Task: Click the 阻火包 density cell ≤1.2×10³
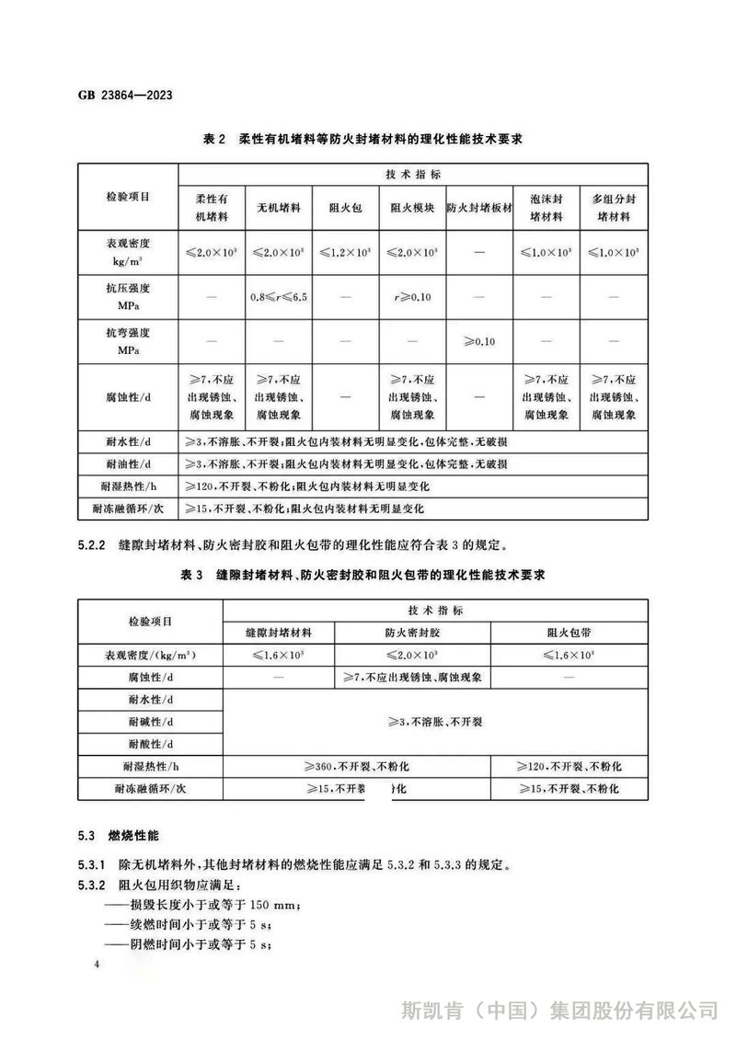(345, 251)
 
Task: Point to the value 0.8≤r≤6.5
(278, 298)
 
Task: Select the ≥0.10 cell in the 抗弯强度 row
(478, 341)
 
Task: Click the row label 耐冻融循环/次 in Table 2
(128, 507)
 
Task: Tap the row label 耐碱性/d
(151, 722)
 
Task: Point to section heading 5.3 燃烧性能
(119, 837)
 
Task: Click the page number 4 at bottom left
(97, 963)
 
